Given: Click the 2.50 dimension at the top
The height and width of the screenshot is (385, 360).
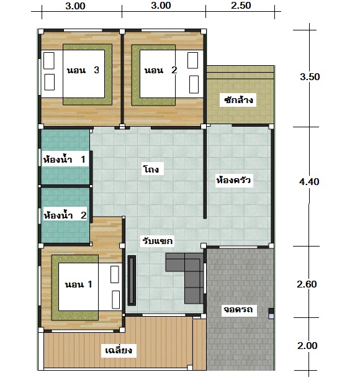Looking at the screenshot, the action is click(241, 6).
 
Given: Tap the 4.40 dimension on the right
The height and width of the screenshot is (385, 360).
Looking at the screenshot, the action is click(309, 182).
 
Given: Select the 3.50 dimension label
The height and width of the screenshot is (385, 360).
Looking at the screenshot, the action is click(310, 77).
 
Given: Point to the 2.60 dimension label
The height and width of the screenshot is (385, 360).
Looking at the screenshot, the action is click(307, 284).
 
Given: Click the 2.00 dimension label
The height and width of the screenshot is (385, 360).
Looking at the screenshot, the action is click(307, 345).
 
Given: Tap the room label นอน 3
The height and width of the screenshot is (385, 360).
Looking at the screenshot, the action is click(83, 70).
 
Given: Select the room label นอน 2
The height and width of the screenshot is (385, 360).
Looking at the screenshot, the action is click(161, 70).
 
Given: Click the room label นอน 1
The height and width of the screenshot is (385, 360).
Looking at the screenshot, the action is click(78, 284).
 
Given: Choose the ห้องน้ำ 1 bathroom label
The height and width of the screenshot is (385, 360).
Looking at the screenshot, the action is click(65, 160).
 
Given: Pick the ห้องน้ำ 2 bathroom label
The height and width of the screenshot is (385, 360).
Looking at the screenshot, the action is click(65, 215).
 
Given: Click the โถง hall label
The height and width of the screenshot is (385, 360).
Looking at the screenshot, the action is click(151, 169).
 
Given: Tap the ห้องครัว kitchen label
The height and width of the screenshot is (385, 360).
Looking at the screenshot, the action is click(233, 180).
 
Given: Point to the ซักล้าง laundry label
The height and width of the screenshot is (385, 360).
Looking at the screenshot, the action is click(238, 100).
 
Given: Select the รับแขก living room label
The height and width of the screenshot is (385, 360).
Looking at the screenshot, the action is click(158, 241).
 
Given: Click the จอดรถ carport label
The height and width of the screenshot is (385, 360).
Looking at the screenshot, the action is click(238, 309).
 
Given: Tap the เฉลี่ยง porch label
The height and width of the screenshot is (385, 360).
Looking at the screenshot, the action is click(119, 350).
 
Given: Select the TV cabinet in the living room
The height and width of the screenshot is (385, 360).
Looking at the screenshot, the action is click(132, 281).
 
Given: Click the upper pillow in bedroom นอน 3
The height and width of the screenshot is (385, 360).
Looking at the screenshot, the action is click(49, 61).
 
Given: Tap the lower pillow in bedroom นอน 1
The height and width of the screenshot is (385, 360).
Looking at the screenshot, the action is click(115, 299).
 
